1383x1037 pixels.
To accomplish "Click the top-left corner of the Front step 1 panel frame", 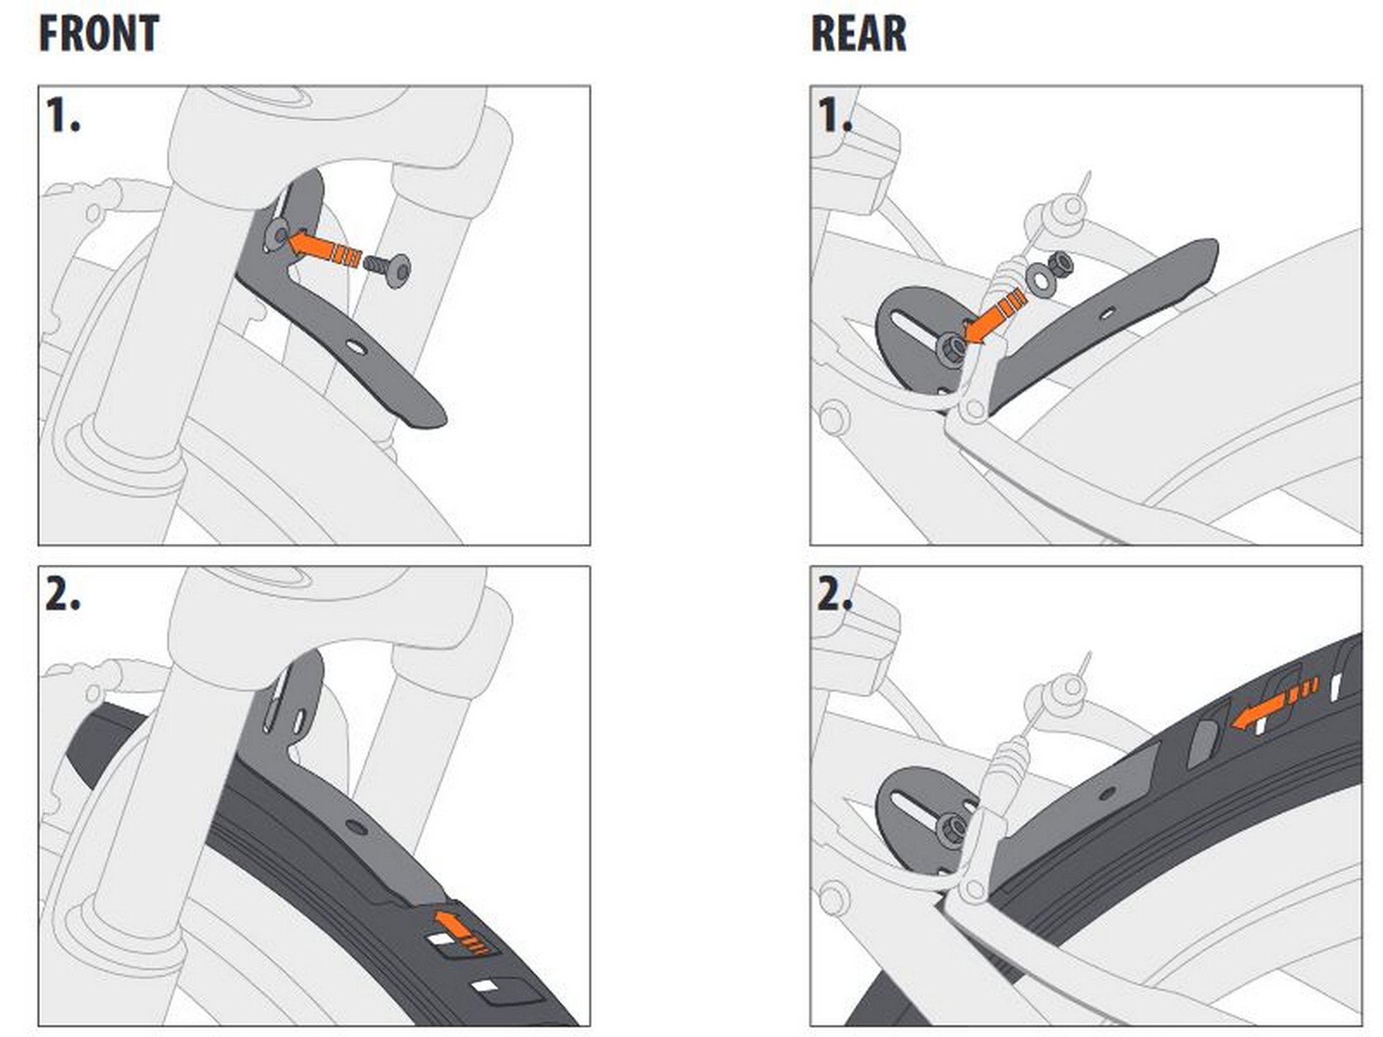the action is [x=39, y=86].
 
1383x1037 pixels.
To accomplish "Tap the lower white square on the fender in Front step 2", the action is [x=483, y=985].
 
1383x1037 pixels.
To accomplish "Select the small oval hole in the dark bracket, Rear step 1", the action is [x=1106, y=314].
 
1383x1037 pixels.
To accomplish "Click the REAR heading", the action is [x=858, y=33].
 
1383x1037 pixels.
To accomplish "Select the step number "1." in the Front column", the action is [x=63, y=114].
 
